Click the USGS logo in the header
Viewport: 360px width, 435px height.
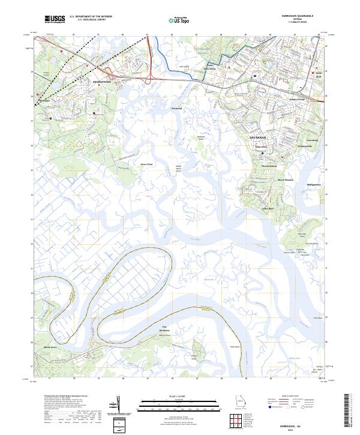[x=55, y=20]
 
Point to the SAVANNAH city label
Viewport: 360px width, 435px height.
[x=257, y=137]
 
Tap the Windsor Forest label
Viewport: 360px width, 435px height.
[x=298, y=99]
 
